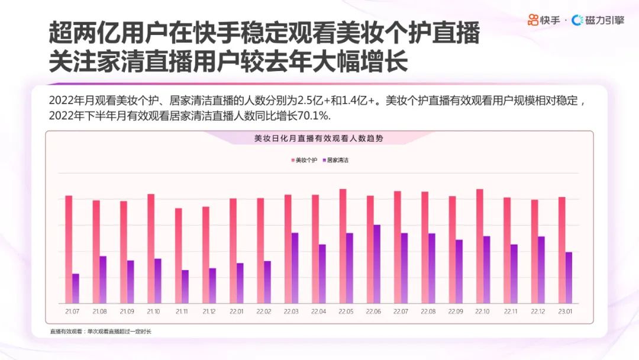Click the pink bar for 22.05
(x=343, y=246)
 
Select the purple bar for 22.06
(x=377, y=263)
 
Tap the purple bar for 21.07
(x=75, y=288)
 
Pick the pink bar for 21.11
(x=178, y=255)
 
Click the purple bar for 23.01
(x=569, y=277)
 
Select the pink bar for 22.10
(x=479, y=246)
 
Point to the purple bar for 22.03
(x=295, y=267)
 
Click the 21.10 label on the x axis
(x=153, y=311)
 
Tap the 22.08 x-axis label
(x=428, y=311)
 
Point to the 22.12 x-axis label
(x=537, y=311)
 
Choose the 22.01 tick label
(x=236, y=311)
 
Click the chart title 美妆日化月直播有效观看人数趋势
(x=318, y=139)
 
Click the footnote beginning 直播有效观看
(x=101, y=331)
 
